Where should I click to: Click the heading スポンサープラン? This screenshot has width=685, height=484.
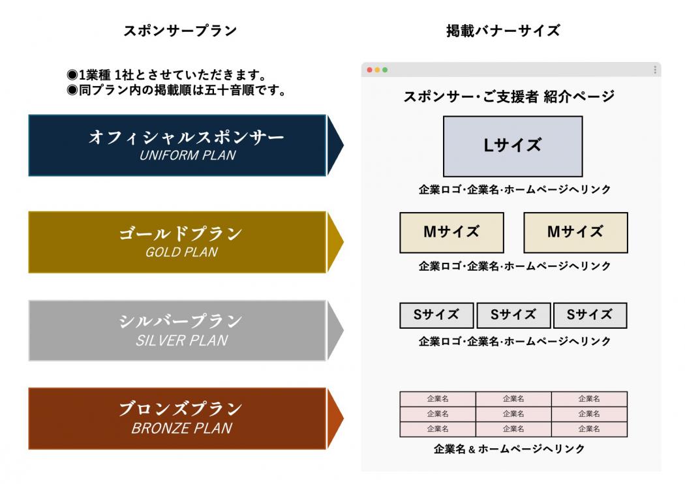point(180,31)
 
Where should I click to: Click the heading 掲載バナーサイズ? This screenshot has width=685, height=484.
point(503,31)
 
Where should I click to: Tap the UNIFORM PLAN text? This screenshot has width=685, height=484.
point(188,155)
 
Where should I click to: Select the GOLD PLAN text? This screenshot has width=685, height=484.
point(182,252)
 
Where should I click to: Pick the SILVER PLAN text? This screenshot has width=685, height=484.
point(182,340)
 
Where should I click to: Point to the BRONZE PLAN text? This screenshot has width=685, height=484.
point(182,428)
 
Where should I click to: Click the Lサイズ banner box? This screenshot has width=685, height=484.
point(513,146)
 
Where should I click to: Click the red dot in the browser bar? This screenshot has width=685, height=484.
point(370,70)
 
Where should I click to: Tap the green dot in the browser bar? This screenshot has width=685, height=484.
point(385,70)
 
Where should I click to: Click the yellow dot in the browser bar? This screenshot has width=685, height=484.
point(377,70)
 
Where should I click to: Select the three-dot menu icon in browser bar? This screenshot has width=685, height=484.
point(655,70)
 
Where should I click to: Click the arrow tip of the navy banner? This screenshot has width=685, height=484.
point(344,145)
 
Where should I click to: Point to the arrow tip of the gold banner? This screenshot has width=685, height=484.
point(344,241)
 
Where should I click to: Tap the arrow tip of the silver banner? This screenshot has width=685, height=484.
point(344,330)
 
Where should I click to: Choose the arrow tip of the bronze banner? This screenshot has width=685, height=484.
point(344,418)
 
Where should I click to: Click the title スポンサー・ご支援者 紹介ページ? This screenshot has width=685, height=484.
point(508,97)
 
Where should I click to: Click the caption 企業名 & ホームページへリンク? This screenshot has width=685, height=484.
point(509,449)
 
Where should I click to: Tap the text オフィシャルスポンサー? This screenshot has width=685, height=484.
point(187,137)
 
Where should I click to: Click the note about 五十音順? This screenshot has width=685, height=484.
point(177,91)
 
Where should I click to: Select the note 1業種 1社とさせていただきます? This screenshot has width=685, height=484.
point(167,75)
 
